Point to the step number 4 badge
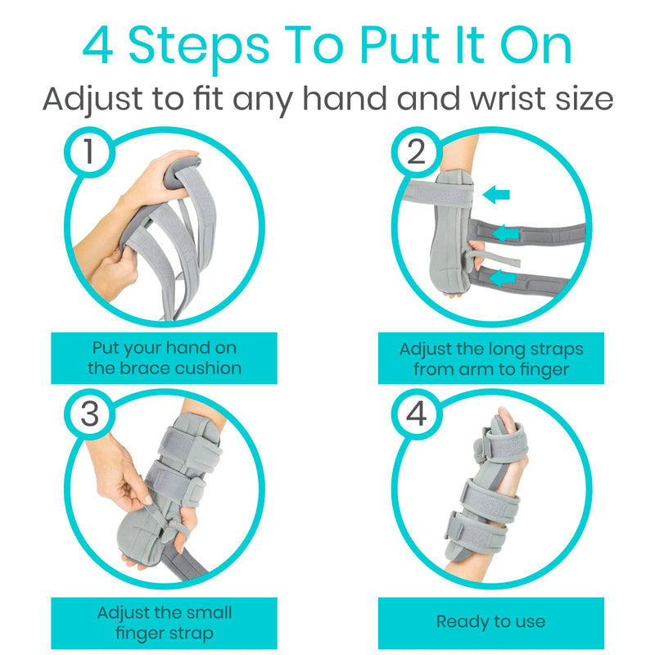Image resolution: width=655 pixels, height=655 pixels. [x=416, y=415]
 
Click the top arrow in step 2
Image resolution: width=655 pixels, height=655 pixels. [x=495, y=195]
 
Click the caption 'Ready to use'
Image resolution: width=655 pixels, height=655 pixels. [x=490, y=621]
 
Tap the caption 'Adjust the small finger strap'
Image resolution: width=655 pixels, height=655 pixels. [x=165, y=621]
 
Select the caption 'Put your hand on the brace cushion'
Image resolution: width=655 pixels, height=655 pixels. [x=165, y=358]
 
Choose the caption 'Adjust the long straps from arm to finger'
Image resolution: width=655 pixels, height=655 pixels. [x=490, y=358]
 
